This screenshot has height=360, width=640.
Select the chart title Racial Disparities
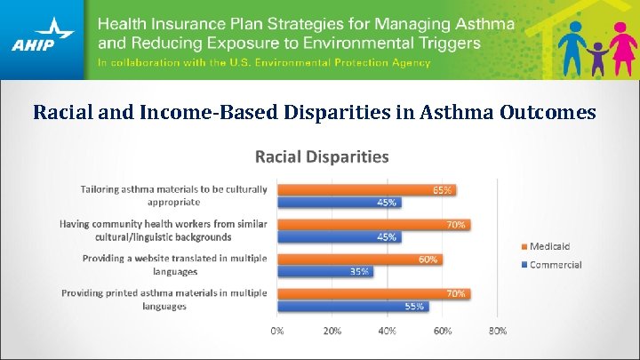pos(322,157)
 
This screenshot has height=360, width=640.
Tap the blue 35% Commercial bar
pos(324,271)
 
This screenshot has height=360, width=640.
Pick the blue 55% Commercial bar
pos(352,306)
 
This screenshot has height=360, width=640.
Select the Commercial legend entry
pos(550,265)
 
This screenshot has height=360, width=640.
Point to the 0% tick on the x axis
pos(277,331)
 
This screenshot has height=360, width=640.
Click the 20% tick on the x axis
pos(332,331)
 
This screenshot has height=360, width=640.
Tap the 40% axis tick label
pos(388,331)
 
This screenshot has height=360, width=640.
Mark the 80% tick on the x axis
pos(498,331)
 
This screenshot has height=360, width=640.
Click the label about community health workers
pos(164,230)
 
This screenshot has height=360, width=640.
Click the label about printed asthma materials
pos(164,300)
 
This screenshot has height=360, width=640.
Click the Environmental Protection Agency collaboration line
pos(264,63)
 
